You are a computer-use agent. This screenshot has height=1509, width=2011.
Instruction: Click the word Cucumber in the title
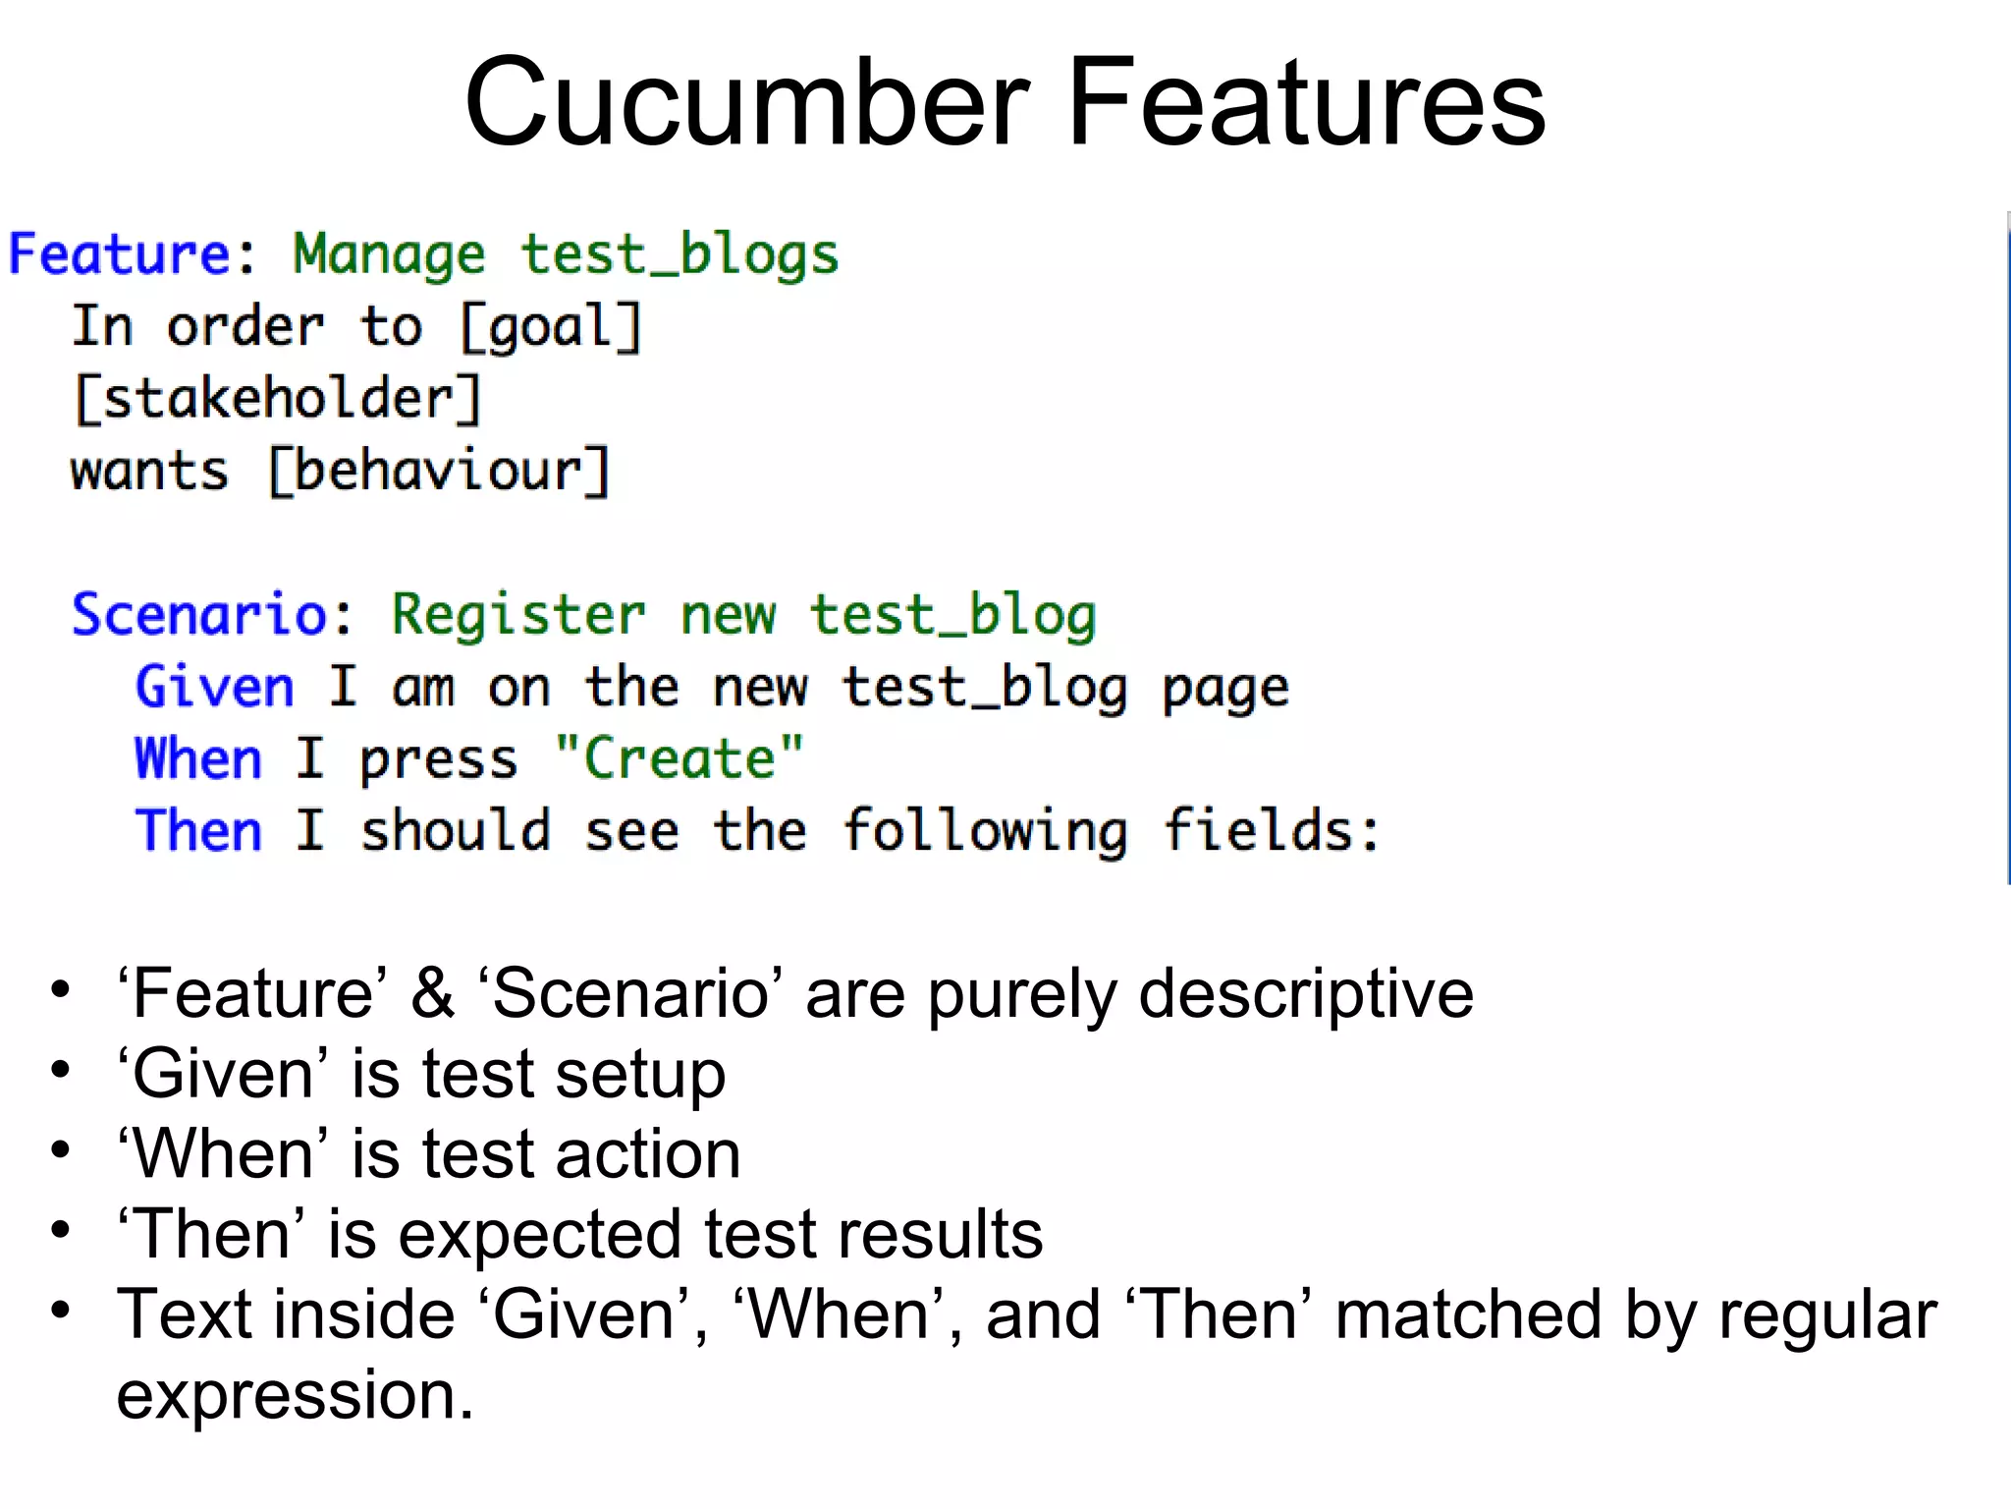tap(746, 102)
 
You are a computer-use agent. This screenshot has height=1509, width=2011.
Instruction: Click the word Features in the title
tap(1306, 102)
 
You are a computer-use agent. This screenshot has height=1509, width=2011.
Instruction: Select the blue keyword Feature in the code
tap(119, 254)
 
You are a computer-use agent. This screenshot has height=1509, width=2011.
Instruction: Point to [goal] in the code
tap(551, 327)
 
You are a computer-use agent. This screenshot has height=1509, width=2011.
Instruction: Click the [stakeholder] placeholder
tap(278, 399)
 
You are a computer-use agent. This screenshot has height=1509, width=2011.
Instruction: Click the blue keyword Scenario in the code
tap(199, 615)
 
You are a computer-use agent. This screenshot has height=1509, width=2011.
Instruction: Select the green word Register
tap(518, 616)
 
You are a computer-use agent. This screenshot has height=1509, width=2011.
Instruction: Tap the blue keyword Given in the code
tap(214, 687)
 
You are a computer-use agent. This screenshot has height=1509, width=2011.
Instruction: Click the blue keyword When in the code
tap(198, 758)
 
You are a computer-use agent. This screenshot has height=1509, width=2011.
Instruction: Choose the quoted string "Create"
tap(679, 758)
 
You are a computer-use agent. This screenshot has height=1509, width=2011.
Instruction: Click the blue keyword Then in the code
tap(198, 831)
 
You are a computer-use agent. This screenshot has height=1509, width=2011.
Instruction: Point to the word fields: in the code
tap(1272, 831)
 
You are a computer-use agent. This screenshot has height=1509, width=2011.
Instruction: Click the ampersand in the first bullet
tap(432, 993)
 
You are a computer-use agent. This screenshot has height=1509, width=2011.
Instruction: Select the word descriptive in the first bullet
tap(1306, 993)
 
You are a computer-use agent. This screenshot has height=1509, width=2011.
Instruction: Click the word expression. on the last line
tap(295, 1395)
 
